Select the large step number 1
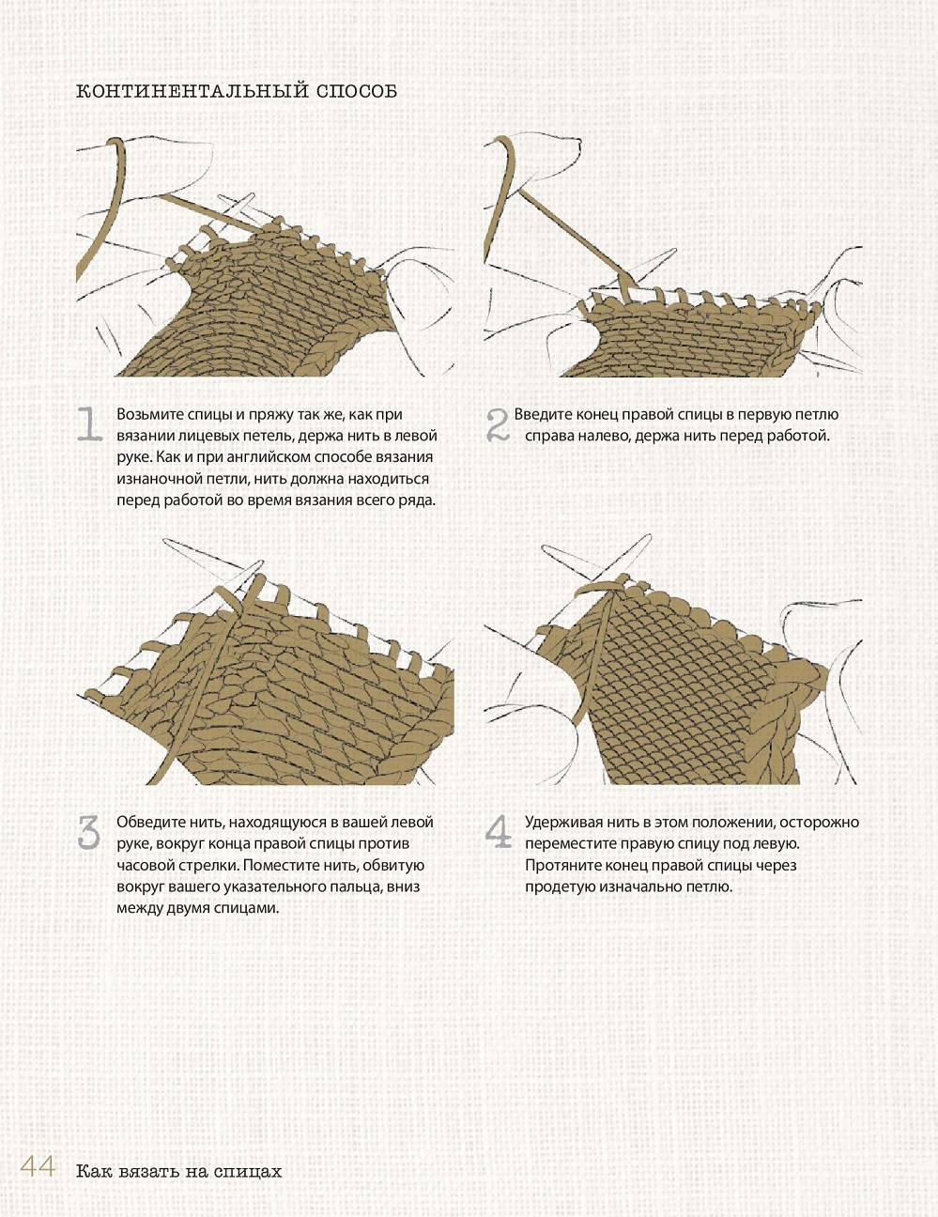pos(89,424)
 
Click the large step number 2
pos(498,424)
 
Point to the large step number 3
pos(89,832)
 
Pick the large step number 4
pos(499,832)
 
